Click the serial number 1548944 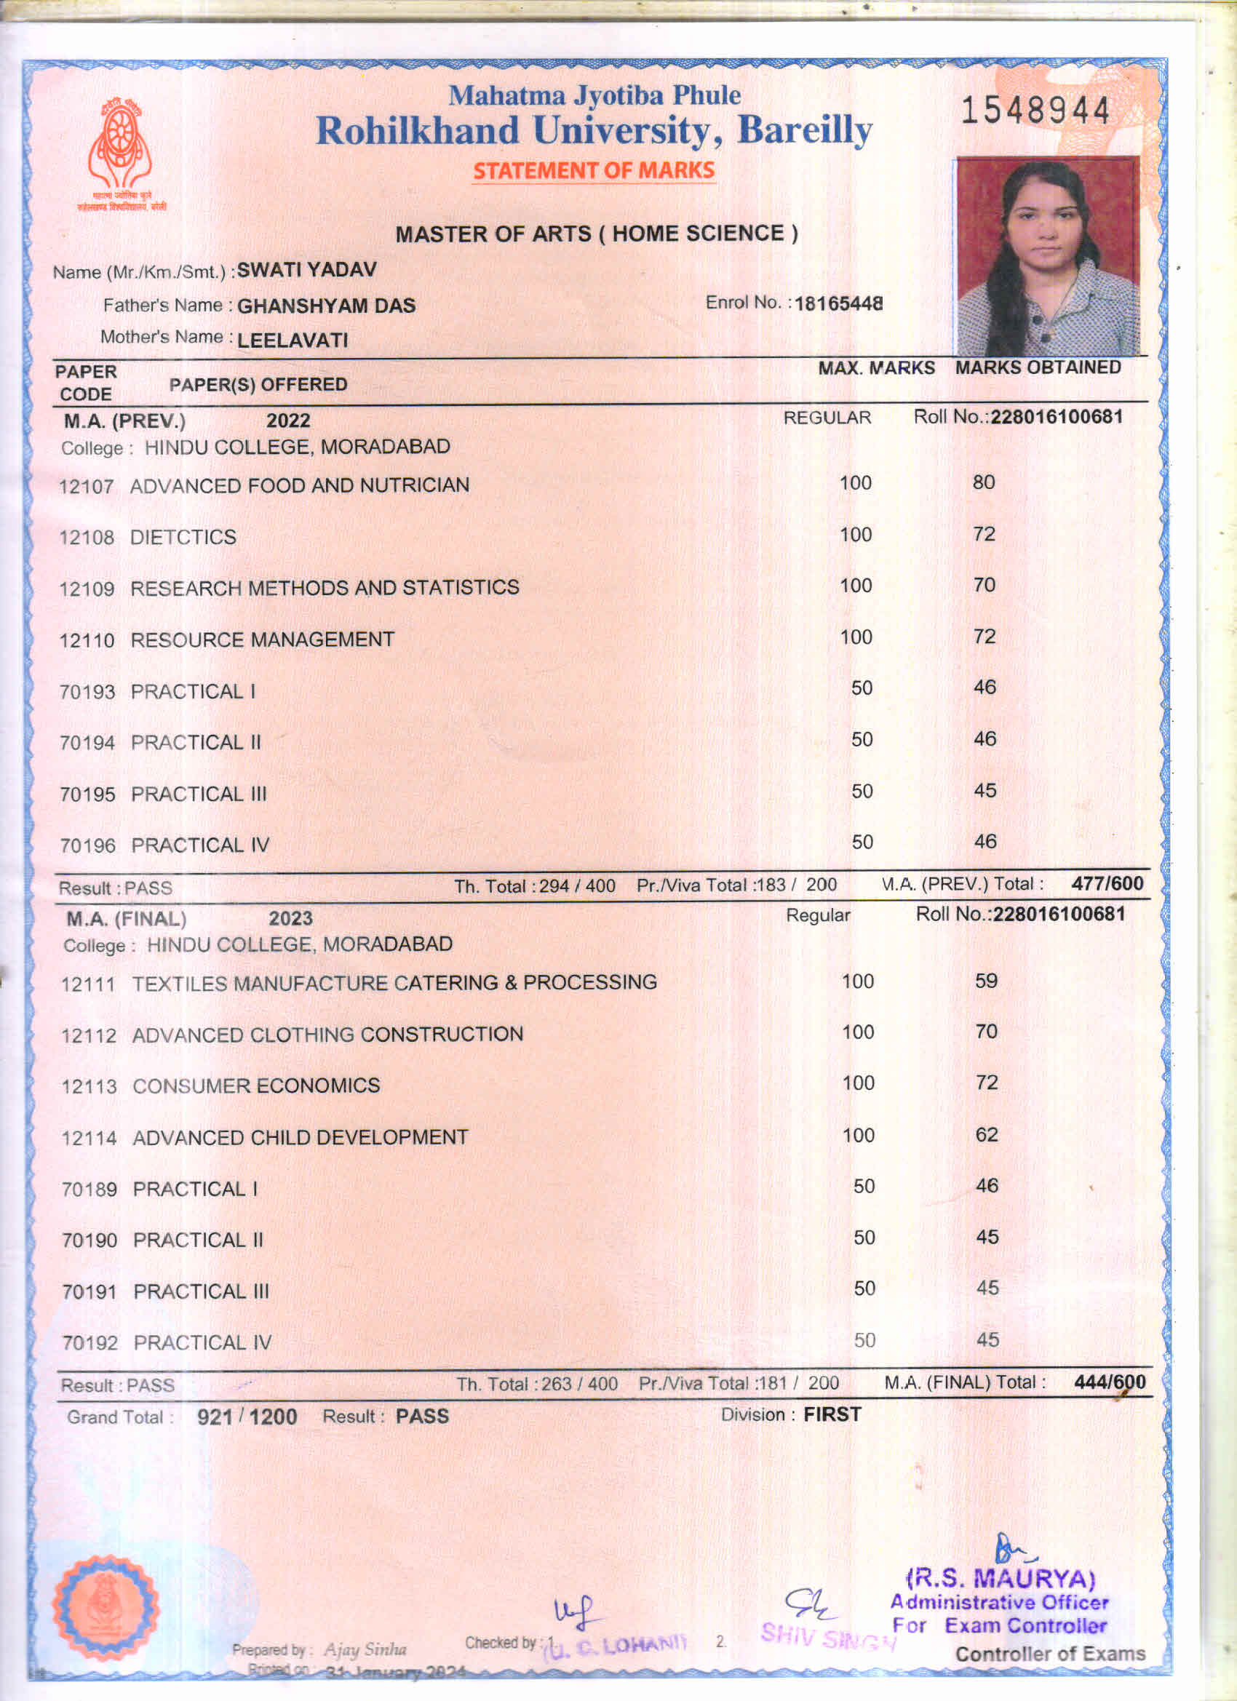pos(1035,111)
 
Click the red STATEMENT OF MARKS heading pos(593,171)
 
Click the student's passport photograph pos(1047,256)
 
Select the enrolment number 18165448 pos(838,304)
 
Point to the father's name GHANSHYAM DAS pos(326,306)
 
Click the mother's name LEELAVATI pos(293,340)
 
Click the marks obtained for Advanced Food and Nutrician pos(984,482)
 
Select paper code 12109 pos(87,589)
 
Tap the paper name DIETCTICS pos(183,538)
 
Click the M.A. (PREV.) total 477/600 pos(1107,883)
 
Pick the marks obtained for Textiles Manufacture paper pos(986,981)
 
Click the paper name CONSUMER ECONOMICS pos(256,1086)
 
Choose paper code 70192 pos(90,1343)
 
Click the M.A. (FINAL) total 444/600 pos(1109,1382)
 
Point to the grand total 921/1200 pos(247,1417)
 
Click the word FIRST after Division pos(832,1414)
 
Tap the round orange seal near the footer pos(105,1606)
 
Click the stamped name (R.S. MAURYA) pos(1001,1579)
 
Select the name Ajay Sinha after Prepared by pos(365,1649)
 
